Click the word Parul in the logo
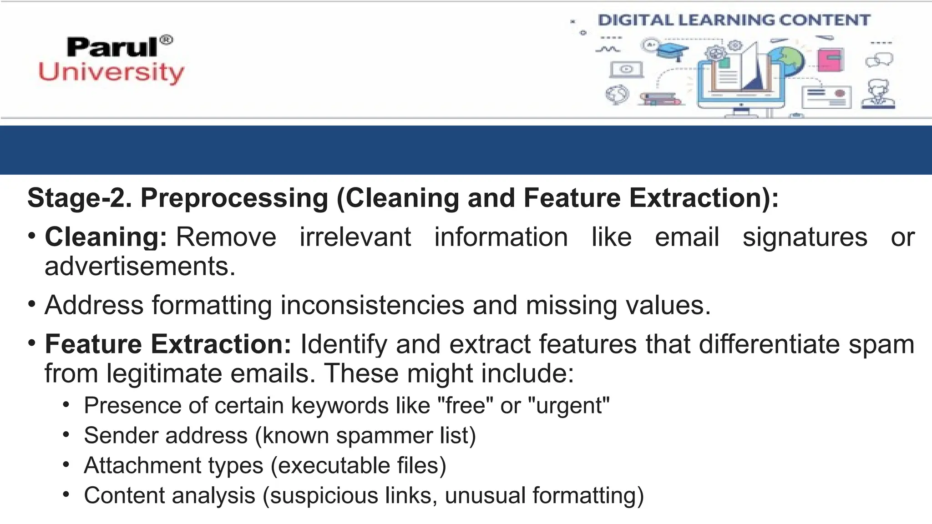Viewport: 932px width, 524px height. pos(112,48)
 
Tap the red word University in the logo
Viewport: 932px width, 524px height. pos(111,73)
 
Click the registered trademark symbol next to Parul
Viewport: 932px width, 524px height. pos(167,40)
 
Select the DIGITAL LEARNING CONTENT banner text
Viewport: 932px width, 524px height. pos(734,20)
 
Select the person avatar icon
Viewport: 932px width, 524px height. pos(878,95)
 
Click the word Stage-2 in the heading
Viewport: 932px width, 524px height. pos(79,198)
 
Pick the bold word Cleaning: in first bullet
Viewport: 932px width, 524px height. pos(106,237)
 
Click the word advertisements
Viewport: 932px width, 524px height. pos(140,267)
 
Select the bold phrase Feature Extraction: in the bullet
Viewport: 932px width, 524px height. pos(168,344)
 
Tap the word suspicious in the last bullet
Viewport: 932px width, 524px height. pos(324,496)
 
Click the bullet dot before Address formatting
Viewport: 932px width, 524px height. pos(31,304)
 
